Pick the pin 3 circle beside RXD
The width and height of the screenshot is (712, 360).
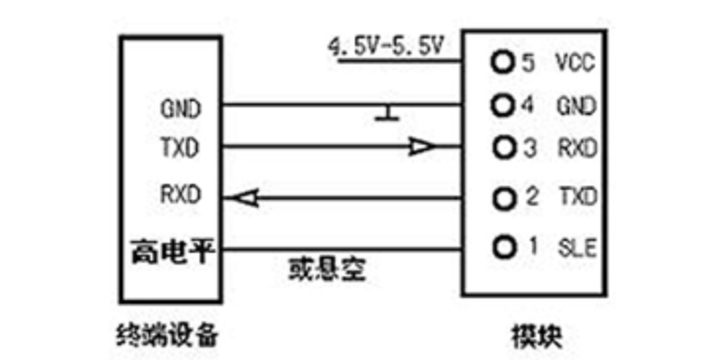[x=504, y=148]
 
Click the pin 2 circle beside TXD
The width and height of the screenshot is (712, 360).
[x=504, y=199]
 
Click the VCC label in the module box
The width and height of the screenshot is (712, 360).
[x=575, y=64]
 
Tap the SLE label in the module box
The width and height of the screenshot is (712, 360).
[x=575, y=245]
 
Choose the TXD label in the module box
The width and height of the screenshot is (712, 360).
[x=576, y=199]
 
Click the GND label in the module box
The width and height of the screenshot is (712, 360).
[x=576, y=104]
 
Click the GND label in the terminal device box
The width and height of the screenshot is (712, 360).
[x=180, y=106]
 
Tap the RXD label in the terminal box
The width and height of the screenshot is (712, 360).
[x=180, y=194]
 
